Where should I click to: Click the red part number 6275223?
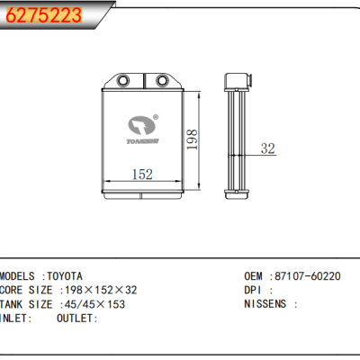tap(44, 15)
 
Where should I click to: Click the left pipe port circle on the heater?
tap(123, 81)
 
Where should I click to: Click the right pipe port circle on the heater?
tap(162, 81)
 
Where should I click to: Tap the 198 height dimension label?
tap(192, 139)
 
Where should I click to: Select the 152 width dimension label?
tap(142, 175)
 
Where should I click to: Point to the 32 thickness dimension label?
tap(267, 148)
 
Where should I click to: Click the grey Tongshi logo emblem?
tap(142, 125)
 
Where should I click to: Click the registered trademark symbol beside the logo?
tap(156, 117)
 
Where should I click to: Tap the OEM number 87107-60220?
tap(308, 276)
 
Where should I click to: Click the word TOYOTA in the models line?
tap(65, 276)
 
